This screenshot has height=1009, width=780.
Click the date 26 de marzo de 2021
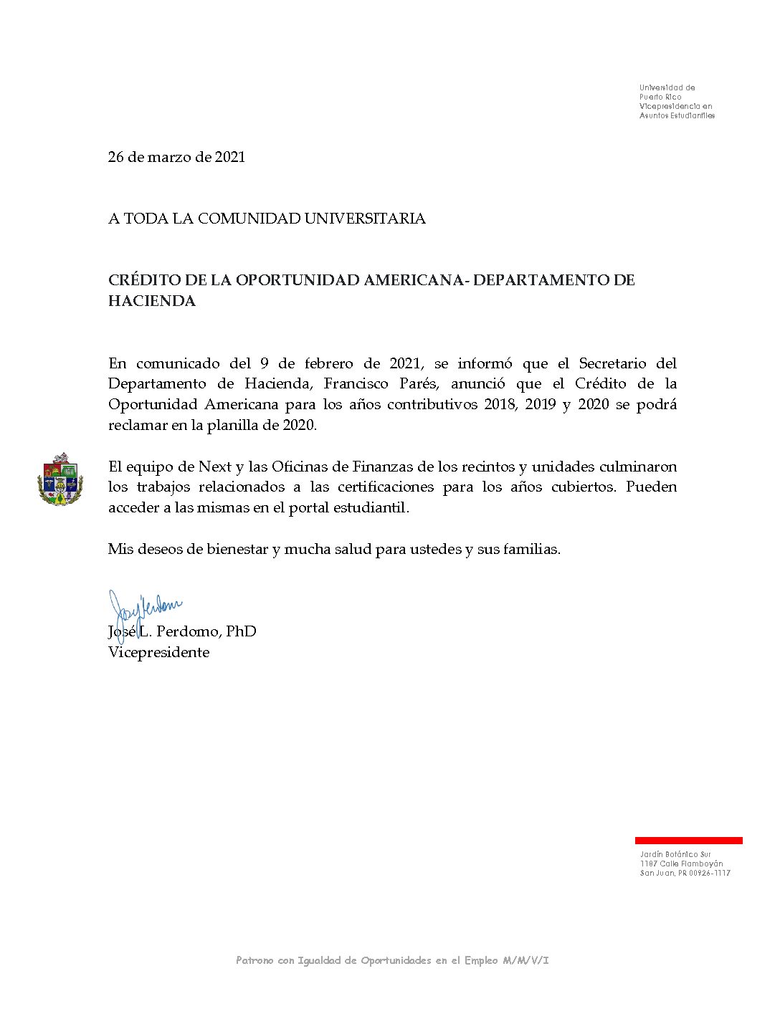click(176, 157)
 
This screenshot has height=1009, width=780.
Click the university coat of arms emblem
click(60, 479)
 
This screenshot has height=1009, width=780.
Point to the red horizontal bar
click(688, 841)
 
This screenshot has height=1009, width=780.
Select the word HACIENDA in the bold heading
click(152, 301)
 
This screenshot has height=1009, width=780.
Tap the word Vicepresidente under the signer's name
click(158, 652)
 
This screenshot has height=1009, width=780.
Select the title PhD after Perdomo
click(241, 631)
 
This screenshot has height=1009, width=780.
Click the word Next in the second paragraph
click(215, 467)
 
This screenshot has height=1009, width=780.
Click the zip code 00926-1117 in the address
click(710, 873)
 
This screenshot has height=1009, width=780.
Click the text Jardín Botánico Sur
click(675, 854)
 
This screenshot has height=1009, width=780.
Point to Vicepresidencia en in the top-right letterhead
click(675, 106)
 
